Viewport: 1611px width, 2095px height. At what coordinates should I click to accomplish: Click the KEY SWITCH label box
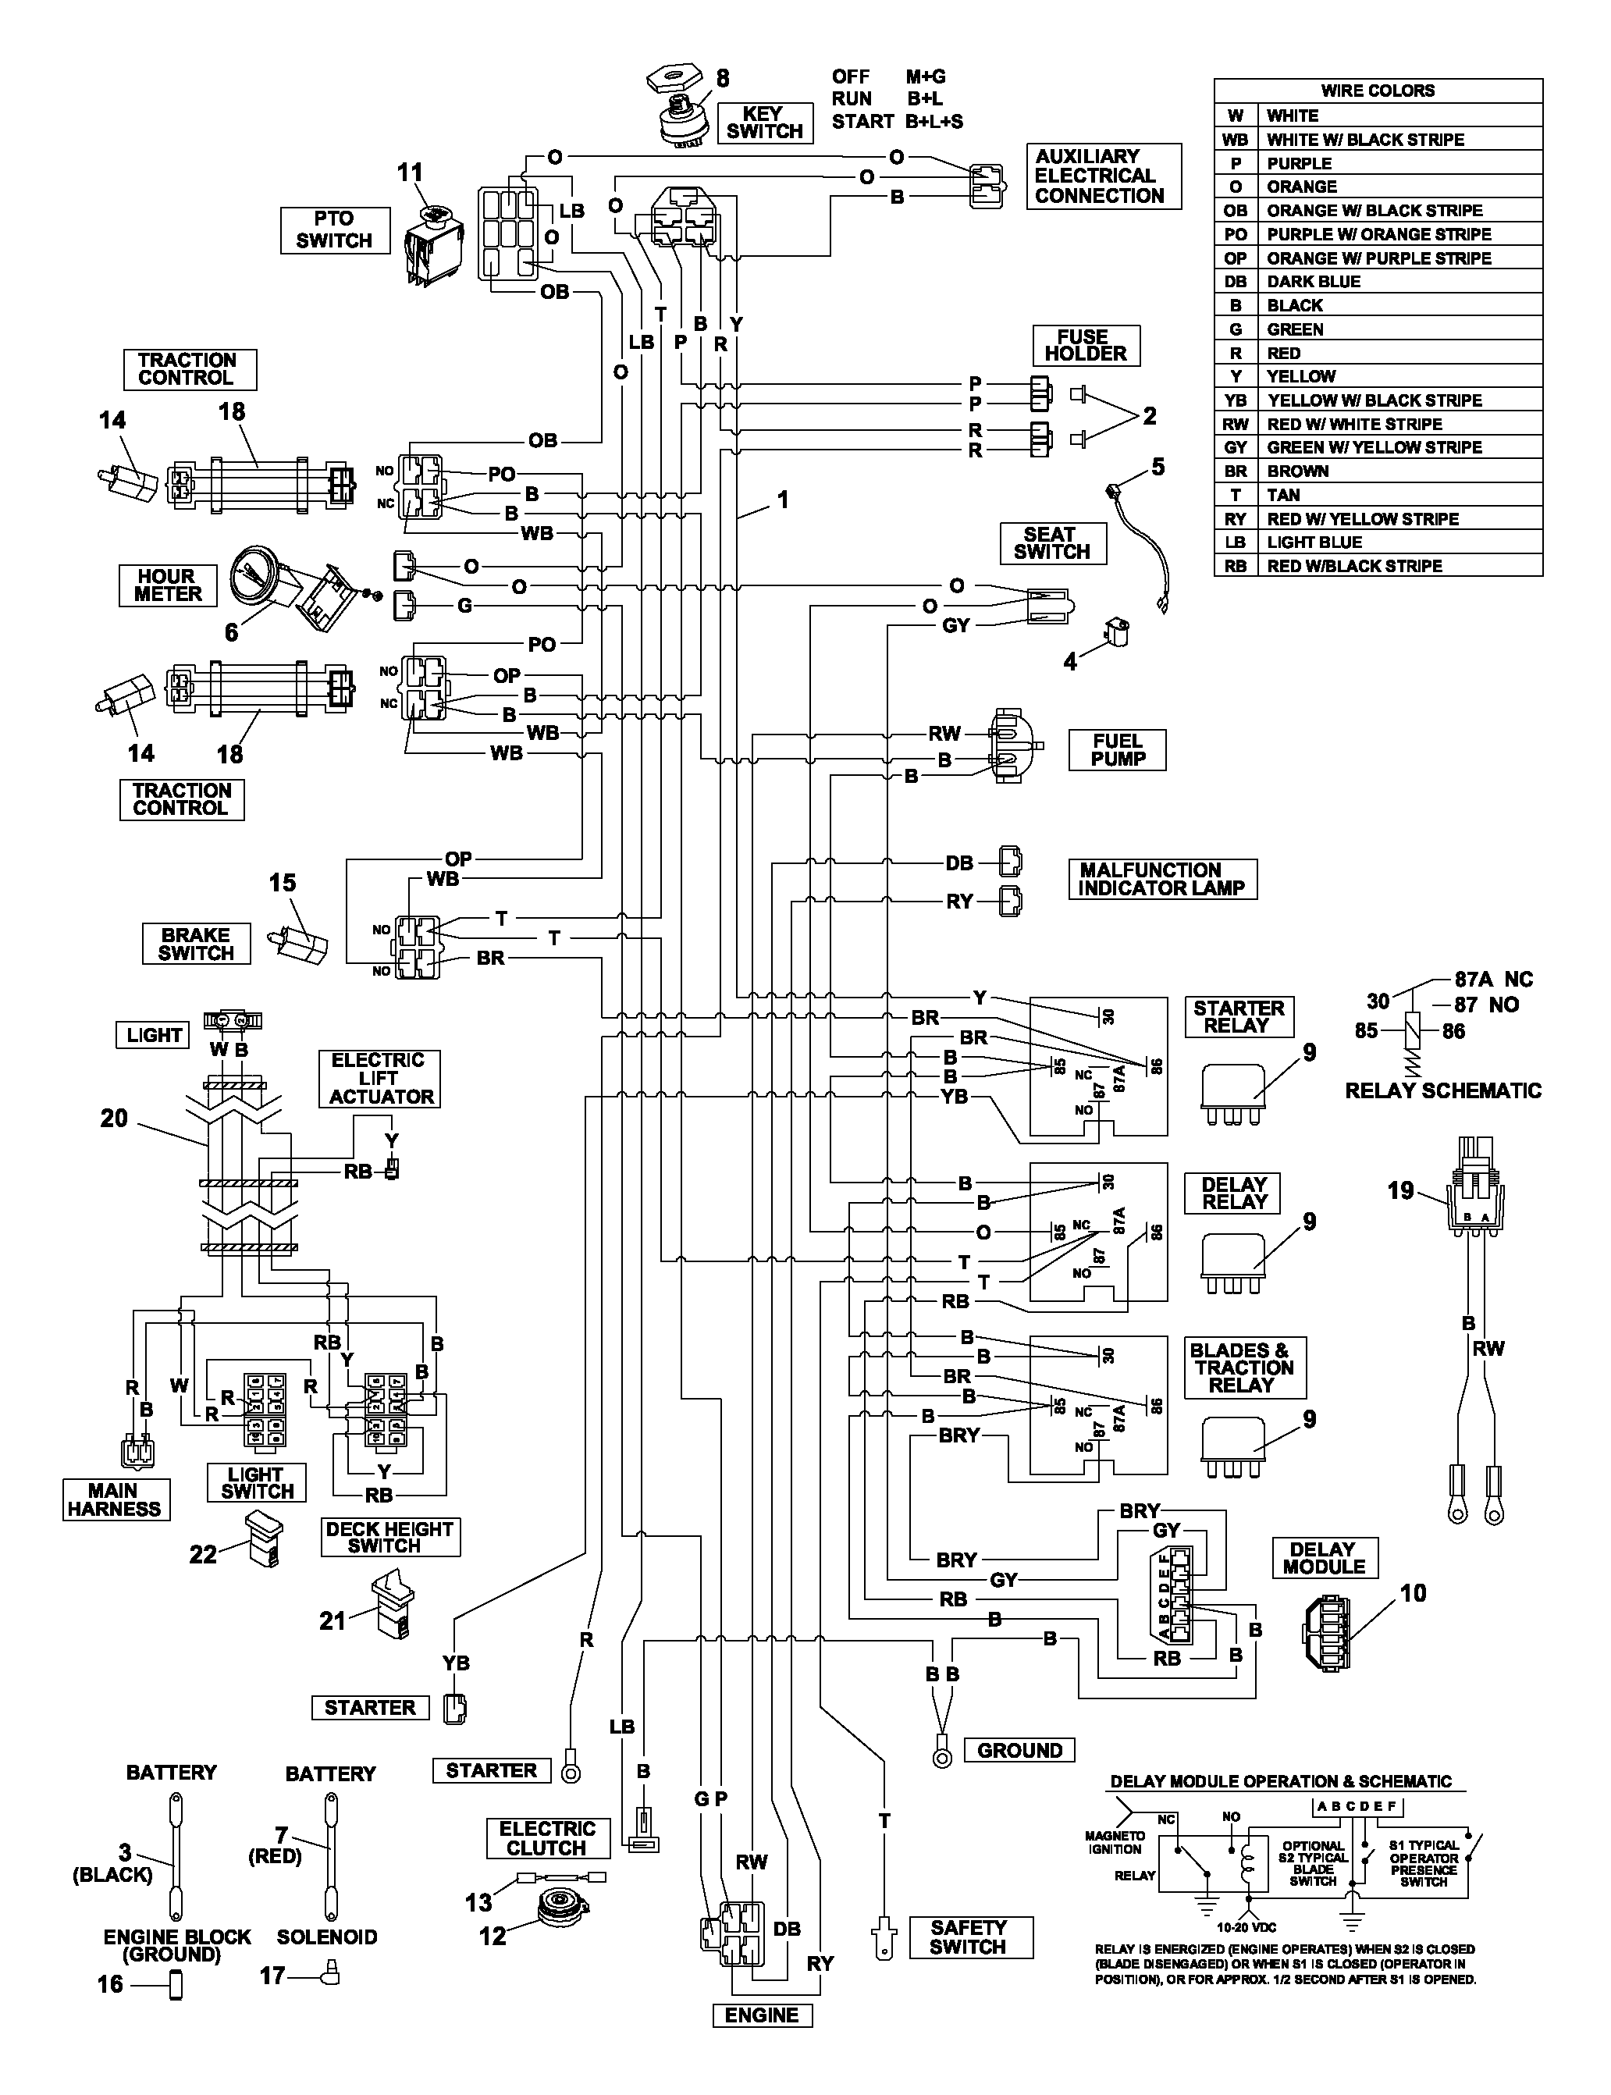point(764,123)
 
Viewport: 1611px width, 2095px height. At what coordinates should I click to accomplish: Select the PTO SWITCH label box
point(335,230)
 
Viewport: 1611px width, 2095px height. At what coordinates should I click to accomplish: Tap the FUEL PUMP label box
point(1118,750)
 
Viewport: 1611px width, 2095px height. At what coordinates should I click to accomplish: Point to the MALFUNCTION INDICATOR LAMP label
point(1162,879)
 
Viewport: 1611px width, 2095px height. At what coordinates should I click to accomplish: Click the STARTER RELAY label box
point(1239,1016)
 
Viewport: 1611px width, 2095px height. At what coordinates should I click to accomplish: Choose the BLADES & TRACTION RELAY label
point(1245,1368)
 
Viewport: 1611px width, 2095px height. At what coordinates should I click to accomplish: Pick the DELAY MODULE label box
point(1325,1558)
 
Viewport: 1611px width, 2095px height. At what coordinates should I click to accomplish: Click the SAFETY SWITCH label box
point(969,1937)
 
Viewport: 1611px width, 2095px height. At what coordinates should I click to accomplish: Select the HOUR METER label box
point(168,585)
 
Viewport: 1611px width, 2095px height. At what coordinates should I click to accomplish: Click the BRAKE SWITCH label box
point(196,944)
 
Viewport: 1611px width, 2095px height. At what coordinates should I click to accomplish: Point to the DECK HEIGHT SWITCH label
point(390,1537)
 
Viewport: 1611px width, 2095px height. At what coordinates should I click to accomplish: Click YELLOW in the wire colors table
point(1301,377)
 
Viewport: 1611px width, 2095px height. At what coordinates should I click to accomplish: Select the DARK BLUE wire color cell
point(1314,282)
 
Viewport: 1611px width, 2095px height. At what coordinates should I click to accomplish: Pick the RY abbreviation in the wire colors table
point(1236,519)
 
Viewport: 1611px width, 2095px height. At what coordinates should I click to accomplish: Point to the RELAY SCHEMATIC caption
point(1443,1090)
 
